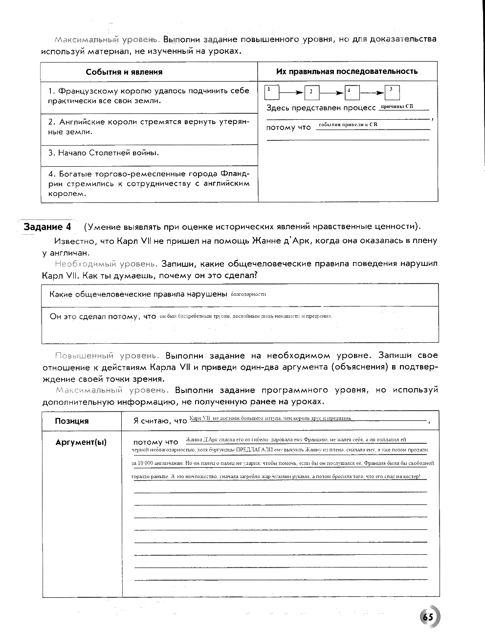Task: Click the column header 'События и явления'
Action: coord(124,72)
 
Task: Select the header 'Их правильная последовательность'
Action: coord(347,71)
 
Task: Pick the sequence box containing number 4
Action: coord(352,92)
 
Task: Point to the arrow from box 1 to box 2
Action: coord(291,92)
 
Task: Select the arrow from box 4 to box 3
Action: coord(372,92)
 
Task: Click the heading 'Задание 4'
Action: coord(47,227)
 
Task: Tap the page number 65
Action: coord(428,617)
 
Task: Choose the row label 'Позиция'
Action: coord(72,421)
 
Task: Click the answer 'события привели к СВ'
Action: coord(348,125)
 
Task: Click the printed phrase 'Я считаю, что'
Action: coord(160,421)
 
